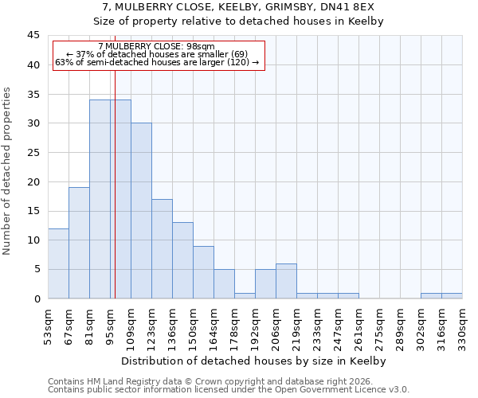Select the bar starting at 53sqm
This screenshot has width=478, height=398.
click(x=58, y=263)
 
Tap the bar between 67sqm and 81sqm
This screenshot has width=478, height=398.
click(x=79, y=243)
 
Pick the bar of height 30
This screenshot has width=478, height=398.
click(x=141, y=211)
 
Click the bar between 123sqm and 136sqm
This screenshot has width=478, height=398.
click(x=162, y=248)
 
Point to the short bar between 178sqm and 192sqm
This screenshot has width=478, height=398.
click(x=245, y=295)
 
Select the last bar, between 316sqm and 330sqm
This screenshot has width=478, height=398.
click(x=452, y=295)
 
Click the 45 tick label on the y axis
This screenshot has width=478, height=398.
click(x=33, y=36)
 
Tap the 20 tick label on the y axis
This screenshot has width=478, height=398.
click(x=33, y=181)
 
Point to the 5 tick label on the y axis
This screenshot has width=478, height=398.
click(x=36, y=269)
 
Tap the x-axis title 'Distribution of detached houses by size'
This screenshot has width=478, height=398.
click(x=255, y=361)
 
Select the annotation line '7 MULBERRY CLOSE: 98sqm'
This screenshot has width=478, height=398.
click(x=157, y=47)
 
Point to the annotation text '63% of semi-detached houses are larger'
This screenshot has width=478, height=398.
click(x=157, y=62)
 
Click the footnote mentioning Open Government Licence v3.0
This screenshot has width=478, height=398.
click(x=229, y=389)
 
